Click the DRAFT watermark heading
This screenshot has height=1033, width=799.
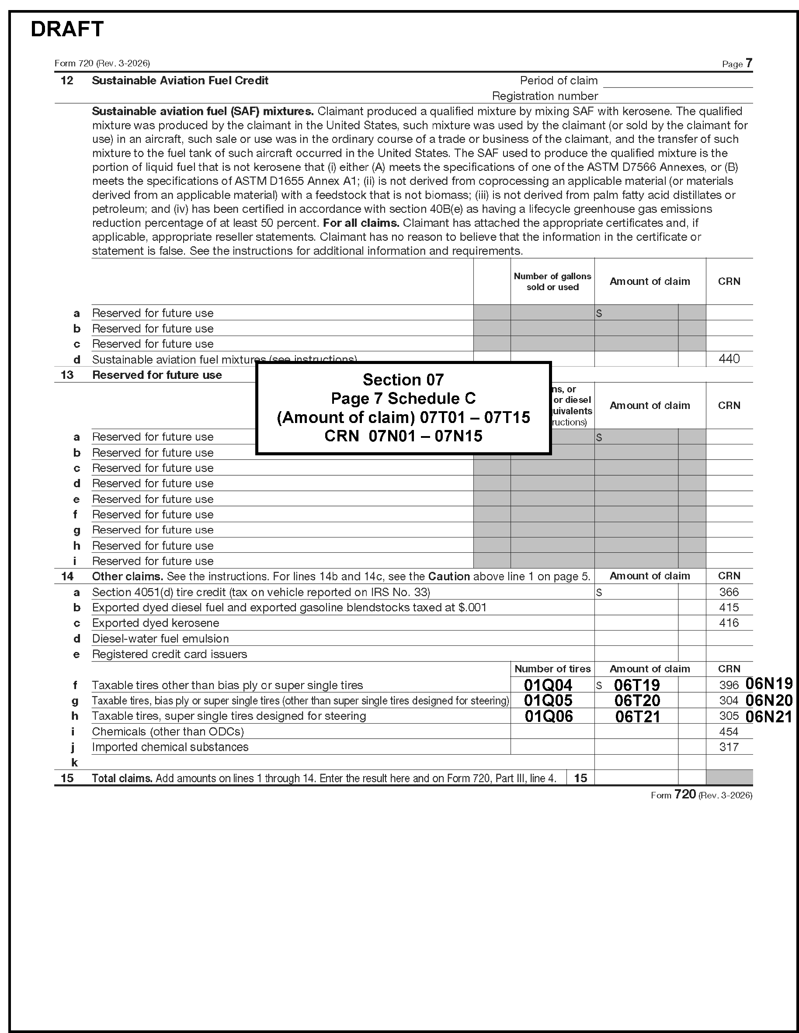(x=67, y=29)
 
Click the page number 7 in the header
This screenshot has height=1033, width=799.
(x=748, y=63)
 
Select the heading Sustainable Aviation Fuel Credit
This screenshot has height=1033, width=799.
(x=180, y=80)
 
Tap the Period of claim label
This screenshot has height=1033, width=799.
(x=558, y=80)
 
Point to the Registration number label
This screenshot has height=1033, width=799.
(x=545, y=96)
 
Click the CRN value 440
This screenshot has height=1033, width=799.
(x=729, y=359)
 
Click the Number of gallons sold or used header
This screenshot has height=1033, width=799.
(x=552, y=281)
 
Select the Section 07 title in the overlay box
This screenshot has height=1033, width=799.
(x=403, y=379)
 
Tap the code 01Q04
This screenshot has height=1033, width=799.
(x=548, y=685)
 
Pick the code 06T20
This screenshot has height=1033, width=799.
(x=637, y=700)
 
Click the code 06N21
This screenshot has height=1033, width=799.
(x=768, y=717)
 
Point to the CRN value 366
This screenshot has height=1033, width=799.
(x=729, y=592)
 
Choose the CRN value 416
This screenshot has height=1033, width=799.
(x=729, y=623)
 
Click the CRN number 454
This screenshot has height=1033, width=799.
(x=729, y=731)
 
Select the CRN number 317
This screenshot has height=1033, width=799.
(x=729, y=747)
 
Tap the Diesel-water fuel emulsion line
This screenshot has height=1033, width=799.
(x=160, y=638)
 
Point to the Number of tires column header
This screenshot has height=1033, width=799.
(x=552, y=669)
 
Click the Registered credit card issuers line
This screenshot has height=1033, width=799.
(x=169, y=654)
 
